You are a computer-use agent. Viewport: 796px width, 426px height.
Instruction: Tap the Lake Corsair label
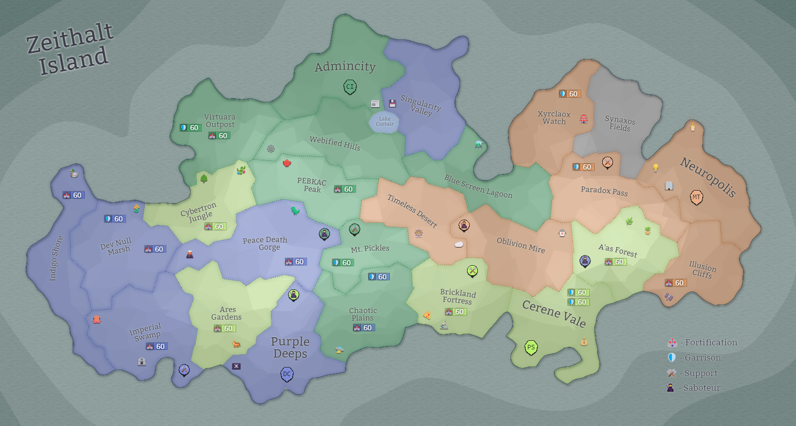point(384,121)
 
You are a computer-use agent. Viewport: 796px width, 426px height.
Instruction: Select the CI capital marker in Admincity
point(350,87)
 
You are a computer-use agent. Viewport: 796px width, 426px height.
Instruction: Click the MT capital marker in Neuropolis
point(696,197)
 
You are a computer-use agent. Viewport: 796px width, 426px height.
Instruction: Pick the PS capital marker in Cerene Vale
point(531,347)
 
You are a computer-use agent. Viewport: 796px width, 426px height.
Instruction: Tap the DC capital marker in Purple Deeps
point(287,374)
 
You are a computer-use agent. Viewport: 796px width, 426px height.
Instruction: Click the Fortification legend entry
point(702,343)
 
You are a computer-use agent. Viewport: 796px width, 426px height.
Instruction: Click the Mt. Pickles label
point(370,249)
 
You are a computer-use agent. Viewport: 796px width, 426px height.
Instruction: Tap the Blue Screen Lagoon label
point(478,187)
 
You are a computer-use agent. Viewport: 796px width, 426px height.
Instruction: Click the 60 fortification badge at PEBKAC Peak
point(345,189)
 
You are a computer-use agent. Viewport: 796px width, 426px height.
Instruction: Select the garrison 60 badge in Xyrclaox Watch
point(570,94)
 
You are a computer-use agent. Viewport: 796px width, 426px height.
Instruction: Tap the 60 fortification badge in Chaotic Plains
point(364,328)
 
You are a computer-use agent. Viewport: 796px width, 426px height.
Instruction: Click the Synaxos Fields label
point(620,124)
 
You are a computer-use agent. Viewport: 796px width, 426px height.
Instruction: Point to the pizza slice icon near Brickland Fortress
point(427,316)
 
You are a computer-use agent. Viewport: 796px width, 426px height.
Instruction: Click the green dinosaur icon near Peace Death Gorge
point(295,210)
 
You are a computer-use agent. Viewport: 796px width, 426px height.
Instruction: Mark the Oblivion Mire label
point(521,245)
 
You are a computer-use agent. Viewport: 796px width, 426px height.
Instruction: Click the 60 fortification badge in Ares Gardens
point(224,328)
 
